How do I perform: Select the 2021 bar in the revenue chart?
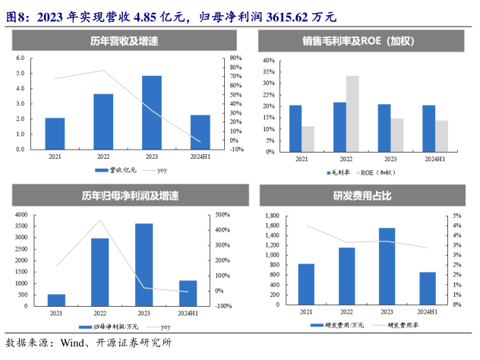55,134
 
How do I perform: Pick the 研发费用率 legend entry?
403,326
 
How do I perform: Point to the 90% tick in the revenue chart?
235,58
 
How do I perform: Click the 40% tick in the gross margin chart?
268,59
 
